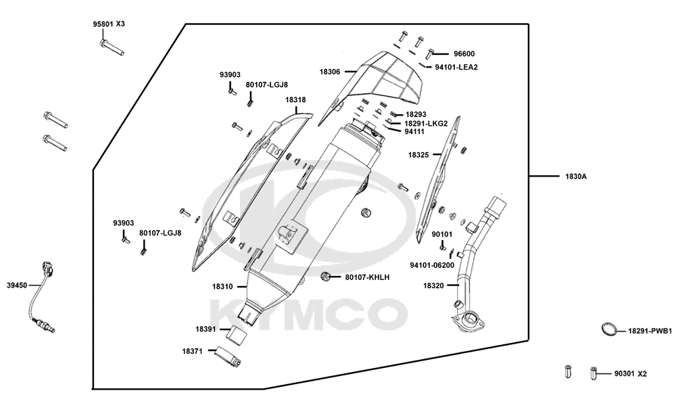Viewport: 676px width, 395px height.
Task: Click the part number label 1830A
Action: (576, 177)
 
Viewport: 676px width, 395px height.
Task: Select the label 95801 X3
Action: (109, 24)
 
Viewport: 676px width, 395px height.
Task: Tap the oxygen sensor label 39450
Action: (17, 285)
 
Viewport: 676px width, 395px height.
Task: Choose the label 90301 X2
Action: (630, 374)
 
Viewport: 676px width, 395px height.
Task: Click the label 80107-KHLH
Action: (367, 277)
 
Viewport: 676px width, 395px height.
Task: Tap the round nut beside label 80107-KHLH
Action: (327, 277)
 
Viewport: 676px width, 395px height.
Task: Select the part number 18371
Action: (192, 352)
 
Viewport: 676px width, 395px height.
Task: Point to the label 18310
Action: (222, 286)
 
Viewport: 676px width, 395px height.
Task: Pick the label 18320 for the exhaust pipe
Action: (433, 285)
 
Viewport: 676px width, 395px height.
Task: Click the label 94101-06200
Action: (432, 265)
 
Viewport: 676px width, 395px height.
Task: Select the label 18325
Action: (418, 155)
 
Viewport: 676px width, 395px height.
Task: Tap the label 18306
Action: (330, 72)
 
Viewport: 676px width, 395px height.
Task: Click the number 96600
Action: (464, 54)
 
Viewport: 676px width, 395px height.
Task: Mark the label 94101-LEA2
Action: (456, 67)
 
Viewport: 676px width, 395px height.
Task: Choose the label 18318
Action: (296, 100)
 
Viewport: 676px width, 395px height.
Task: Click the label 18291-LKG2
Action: (425, 123)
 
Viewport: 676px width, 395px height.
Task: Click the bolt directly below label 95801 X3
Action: (112, 47)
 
